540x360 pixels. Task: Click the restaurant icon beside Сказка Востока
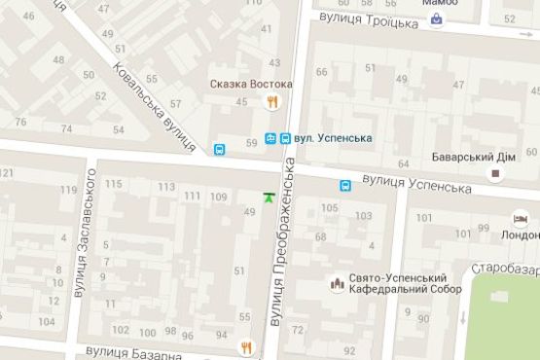click(x=274, y=101)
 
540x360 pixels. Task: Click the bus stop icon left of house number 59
click(x=220, y=150)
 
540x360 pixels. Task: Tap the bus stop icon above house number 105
click(x=345, y=186)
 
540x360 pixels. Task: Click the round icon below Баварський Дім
click(x=496, y=174)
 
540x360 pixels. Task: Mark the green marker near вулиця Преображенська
click(x=268, y=198)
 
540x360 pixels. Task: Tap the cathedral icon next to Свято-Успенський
click(x=337, y=284)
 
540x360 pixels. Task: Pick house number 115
click(x=114, y=185)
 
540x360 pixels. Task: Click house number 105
click(x=330, y=207)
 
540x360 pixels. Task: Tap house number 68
click(x=320, y=237)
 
